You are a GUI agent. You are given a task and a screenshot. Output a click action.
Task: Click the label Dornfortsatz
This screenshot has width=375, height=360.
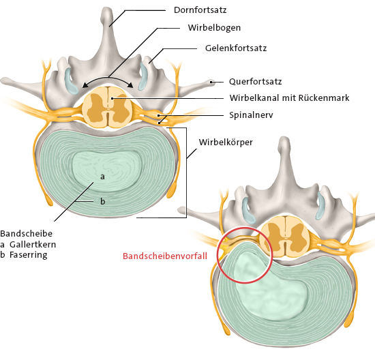(200, 10)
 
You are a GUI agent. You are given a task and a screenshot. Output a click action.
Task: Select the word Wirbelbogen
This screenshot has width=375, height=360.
(214, 28)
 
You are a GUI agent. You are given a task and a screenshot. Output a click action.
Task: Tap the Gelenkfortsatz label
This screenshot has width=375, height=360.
(236, 48)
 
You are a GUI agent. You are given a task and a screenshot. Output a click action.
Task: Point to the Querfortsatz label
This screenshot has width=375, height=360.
(256, 82)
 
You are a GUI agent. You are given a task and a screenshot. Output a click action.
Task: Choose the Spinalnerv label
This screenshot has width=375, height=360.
(251, 115)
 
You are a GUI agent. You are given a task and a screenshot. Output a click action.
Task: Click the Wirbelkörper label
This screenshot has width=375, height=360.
(226, 142)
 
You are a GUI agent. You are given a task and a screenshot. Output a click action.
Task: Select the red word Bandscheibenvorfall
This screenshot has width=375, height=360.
(165, 256)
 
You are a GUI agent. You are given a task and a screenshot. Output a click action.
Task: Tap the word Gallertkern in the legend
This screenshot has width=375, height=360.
(33, 245)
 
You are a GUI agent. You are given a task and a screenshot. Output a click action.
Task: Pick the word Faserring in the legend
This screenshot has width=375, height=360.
(29, 255)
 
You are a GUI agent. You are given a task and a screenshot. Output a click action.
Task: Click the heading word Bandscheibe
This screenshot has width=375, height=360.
(27, 233)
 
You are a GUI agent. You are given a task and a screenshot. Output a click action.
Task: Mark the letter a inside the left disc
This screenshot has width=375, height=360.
(102, 177)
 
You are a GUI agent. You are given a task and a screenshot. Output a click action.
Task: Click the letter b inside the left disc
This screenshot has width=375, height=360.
(102, 201)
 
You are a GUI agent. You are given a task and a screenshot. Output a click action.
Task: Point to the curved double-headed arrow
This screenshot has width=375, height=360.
(108, 78)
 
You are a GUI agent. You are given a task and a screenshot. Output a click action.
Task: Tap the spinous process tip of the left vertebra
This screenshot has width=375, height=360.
(107, 9)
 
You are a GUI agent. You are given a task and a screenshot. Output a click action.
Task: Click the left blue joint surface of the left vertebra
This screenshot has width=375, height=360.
(70, 81)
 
